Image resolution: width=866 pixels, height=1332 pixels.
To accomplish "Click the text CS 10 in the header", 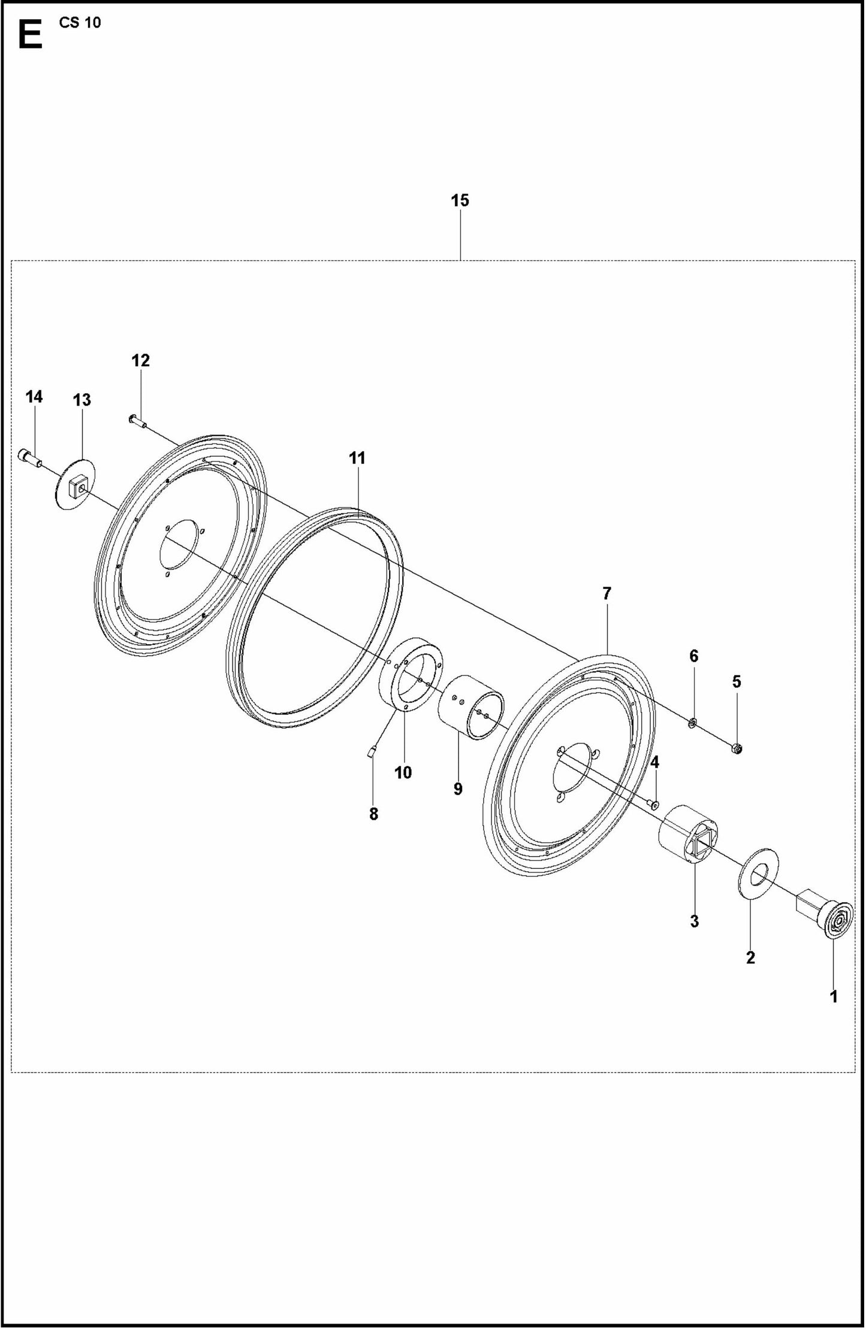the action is pos(80,23).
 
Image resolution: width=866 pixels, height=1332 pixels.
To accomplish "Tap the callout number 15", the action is pos(460,200).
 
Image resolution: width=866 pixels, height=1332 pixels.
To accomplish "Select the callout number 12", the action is pos(140,360).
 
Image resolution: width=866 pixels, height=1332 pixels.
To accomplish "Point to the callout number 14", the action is pos(34,397).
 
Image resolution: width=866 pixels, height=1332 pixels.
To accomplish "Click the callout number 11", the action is pos(357,458).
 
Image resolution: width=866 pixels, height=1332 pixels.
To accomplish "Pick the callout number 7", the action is pos(606,594).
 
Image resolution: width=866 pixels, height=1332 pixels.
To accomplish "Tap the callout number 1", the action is pos(833,996).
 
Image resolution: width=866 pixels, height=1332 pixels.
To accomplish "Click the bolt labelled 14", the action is pos(29,457).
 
